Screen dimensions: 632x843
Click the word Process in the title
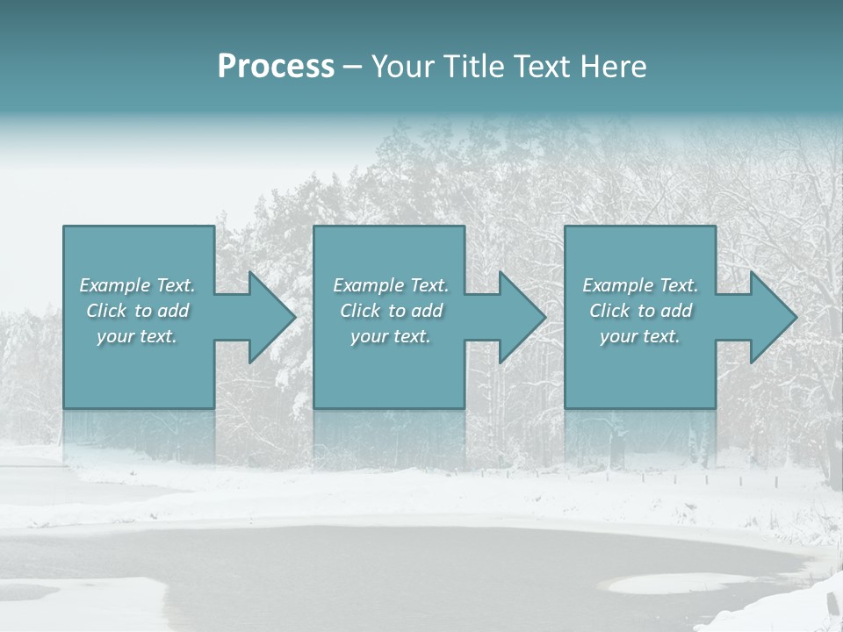click(276, 67)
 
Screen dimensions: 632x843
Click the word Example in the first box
click(115, 285)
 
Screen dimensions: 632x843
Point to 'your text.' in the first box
click(137, 336)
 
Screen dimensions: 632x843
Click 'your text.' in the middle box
click(391, 336)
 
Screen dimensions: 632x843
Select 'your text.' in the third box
click(640, 336)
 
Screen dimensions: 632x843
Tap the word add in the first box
click(174, 311)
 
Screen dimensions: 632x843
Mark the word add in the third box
click(677, 311)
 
